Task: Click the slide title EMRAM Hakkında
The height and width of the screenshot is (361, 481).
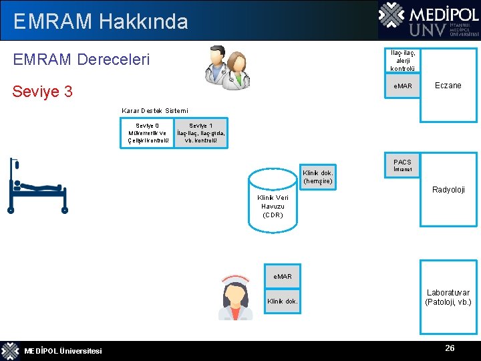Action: click(x=100, y=21)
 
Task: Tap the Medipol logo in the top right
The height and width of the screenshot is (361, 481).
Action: click(x=428, y=20)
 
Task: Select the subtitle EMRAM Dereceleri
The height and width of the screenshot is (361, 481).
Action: click(x=82, y=59)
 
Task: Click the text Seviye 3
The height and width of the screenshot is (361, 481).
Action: click(x=43, y=91)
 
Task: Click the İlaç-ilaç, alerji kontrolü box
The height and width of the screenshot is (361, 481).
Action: click(x=403, y=61)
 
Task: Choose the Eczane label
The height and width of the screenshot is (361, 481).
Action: click(x=448, y=86)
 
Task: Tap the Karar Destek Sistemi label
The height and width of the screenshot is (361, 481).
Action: click(x=155, y=110)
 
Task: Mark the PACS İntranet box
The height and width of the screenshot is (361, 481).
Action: click(x=402, y=166)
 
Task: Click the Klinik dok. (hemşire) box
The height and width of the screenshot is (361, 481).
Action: click(x=317, y=177)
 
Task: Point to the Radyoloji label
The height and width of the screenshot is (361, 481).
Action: click(x=448, y=190)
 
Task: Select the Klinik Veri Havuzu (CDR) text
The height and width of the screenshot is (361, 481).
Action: click(x=273, y=207)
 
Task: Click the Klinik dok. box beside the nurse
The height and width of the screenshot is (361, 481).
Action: click(x=283, y=302)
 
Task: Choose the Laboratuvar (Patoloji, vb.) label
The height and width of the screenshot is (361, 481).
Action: click(x=448, y=297)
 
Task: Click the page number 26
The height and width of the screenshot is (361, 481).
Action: click(x=450, y=348)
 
